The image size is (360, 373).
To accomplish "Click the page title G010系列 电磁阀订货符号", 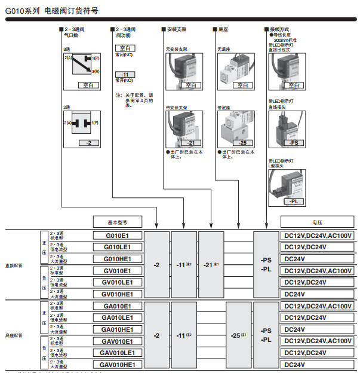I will click(x=52, y=11).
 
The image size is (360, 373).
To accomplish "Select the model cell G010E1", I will click(x=118, y=236).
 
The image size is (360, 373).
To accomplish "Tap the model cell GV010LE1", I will click(x=118, y=282).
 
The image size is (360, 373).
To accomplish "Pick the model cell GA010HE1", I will click(x=118, y=329).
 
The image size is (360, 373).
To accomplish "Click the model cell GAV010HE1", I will click(x=118, y=365).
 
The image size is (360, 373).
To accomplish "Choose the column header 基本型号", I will click(x=118, y=220).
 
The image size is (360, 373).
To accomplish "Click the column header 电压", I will click(x=317, y=220).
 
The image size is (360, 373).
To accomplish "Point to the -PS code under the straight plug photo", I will click(x=293, y=143).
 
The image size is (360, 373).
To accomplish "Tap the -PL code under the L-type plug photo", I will click(x=293, y=202).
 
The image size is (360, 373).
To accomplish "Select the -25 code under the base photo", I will click(x=242, y=143).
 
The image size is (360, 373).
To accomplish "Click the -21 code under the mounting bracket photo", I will click(x=190, y=143).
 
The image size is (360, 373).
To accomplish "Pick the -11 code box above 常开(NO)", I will click(x=124, y=74).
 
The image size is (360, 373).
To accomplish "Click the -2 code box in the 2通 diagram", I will click(x=89, y=143).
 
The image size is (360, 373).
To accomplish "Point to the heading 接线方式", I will click(x=280, y=29).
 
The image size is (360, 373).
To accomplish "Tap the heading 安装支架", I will click(x=177, y=29).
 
